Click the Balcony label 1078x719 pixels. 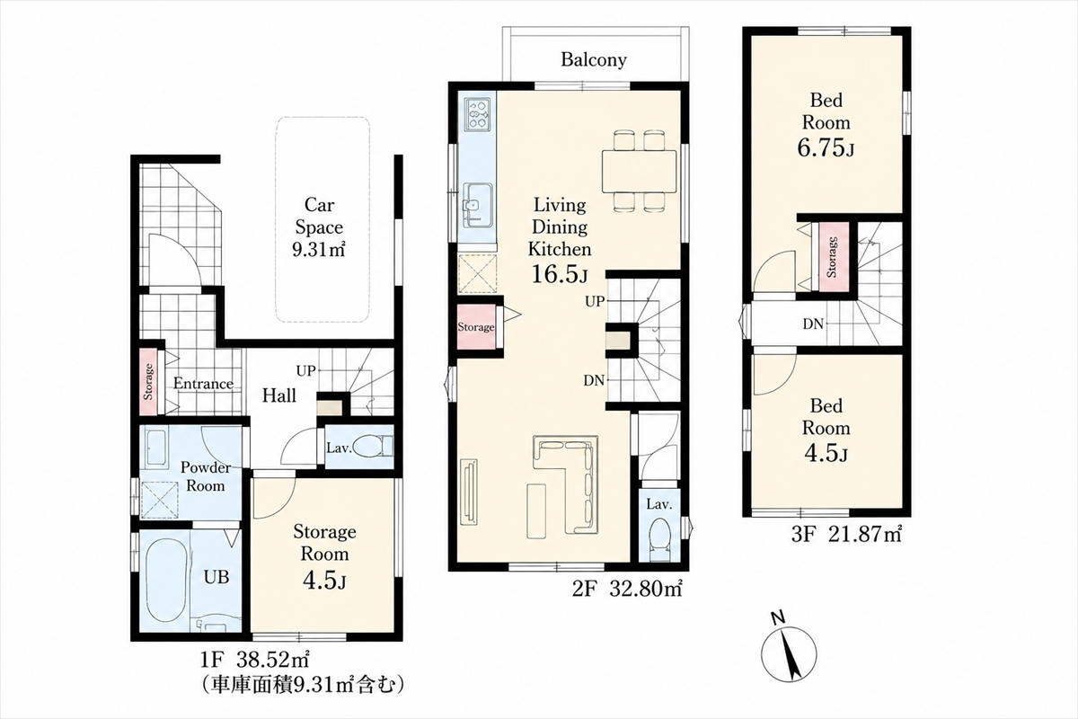tap(594, 59)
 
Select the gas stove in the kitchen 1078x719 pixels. tap(477, 113)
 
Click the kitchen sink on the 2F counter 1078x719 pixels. tap(477, 206)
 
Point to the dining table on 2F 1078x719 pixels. tap(639, 172)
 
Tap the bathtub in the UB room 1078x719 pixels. tap(164, 582)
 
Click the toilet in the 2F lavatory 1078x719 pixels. tap(658, 539)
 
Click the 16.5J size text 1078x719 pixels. tap(559, 273)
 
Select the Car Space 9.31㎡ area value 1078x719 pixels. tap(319, 250)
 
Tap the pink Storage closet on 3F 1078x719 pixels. tap(832, 257)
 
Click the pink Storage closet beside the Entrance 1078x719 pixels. tap(148, 381)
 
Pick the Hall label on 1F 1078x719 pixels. tap(279, 395)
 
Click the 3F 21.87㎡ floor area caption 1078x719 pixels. tap(846, 535)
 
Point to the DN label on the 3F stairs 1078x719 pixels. tap(813, 324)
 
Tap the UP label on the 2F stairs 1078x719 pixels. tap(595, 302)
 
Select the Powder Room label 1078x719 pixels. tap(206, 476)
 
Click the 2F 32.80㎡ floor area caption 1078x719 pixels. tap(627, 589)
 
